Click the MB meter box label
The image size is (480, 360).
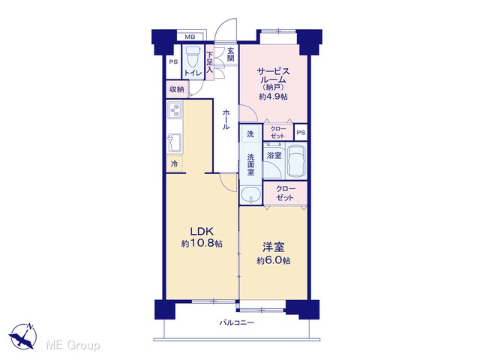coord(190,37)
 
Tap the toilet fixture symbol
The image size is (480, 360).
coord(193,57)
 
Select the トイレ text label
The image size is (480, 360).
coord(193,73)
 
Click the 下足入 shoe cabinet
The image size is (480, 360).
coord(210,62)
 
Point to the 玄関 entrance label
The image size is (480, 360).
coord(230,54)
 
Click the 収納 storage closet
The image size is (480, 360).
coord(177,89)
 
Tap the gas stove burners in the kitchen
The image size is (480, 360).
coord(175,111)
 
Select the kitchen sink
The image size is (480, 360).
coord(175,142)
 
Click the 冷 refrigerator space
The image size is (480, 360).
coord(175,163)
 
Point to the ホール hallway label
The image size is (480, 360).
coord(226,119)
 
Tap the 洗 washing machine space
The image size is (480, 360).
coord(250,133)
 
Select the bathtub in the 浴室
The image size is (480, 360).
coord(296,160)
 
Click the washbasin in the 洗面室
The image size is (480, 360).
coord(250,195)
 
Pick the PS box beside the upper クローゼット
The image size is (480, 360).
coord(301,132)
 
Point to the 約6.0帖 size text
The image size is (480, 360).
coord(274,261)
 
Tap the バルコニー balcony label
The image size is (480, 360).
coord(237,322)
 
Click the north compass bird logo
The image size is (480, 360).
coord(22,336)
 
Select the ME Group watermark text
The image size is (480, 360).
coord(73,345)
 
